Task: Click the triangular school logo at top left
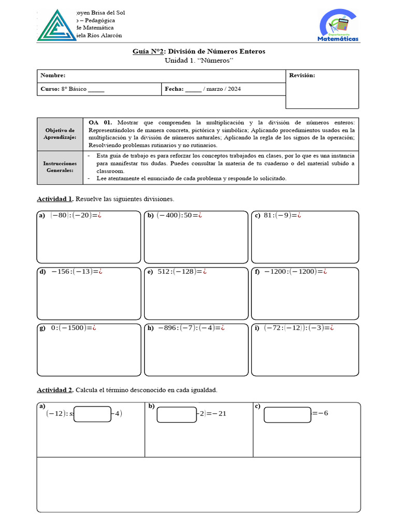[56, 26]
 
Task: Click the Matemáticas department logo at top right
[338, 25]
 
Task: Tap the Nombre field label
[53, 76]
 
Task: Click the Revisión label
[302, 76]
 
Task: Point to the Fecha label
[174, 89]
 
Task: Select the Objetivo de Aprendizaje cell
[60, 134]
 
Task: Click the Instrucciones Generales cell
[60, 167]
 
